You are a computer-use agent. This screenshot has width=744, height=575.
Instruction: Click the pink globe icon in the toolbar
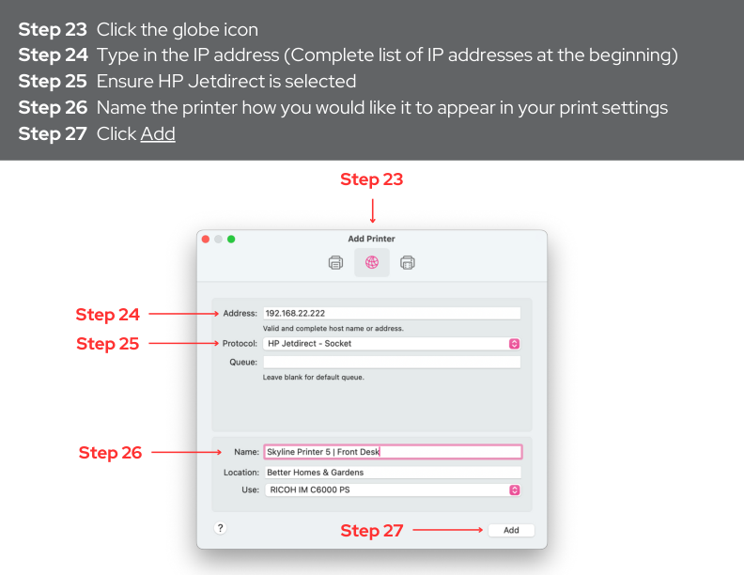pos(371,262)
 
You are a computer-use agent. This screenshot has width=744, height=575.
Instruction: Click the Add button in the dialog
pos(511,530)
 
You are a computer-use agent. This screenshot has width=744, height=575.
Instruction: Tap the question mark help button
pos(220,528)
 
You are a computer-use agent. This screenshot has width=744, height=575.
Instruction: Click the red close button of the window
pos(206,239)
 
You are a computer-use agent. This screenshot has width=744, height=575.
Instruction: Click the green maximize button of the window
pos(231,239)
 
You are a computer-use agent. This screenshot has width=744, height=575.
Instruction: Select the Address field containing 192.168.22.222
pos(392,313)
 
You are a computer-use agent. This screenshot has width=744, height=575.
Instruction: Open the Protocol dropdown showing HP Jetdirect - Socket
pos(392,344)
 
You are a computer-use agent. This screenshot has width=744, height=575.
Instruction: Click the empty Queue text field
pos(392,363)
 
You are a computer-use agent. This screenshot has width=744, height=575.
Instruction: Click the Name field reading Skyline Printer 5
pos(393,452)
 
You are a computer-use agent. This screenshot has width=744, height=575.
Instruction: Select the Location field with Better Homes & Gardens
pos(393,473)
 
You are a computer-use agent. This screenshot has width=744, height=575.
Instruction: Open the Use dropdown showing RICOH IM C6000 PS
pos(393,490)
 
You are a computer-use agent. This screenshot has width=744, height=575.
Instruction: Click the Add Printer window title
pos(371,239)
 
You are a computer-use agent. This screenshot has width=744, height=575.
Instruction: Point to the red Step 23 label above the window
pos(371,179)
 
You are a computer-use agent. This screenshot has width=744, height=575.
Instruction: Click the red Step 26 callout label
pos(110,453)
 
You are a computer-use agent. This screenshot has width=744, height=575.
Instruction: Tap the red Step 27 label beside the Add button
pos(371,531)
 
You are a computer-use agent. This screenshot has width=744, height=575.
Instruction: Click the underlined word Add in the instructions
pos(158,133)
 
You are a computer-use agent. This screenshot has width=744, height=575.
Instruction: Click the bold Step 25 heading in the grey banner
pos(53,81)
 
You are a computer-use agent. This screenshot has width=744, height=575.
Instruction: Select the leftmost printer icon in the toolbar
pos(336,262)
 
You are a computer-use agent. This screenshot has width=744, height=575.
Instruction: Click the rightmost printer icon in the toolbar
pos(408,262)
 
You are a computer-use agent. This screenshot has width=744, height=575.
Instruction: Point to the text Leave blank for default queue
pos(314,377)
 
